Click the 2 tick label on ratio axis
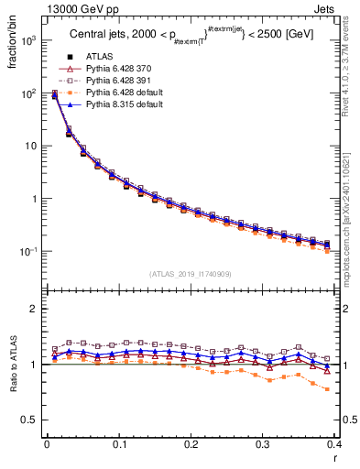pos(34,309)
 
